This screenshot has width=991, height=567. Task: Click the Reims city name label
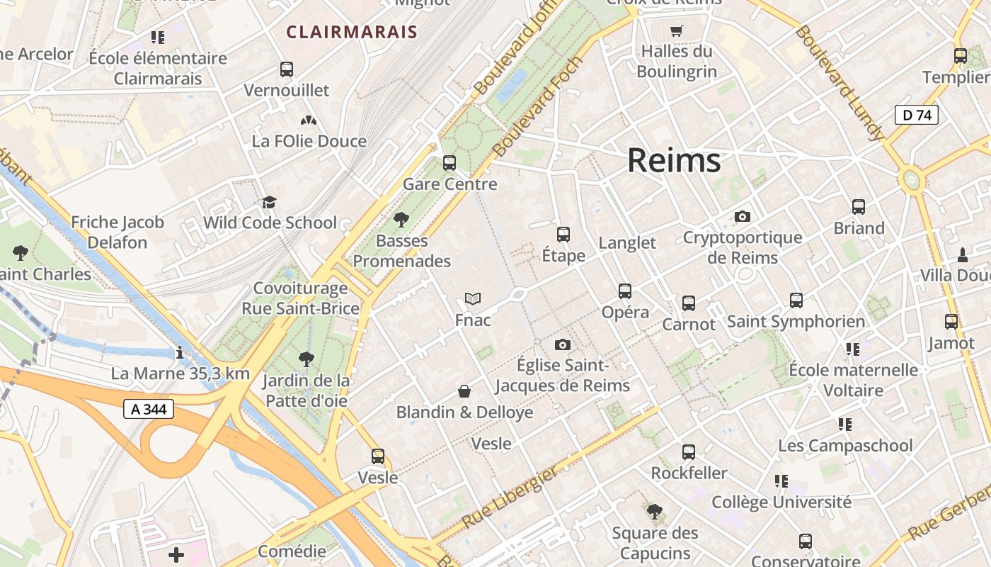(674, 161)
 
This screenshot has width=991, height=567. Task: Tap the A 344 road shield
(149, 409)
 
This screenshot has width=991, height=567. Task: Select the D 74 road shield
(917, 115)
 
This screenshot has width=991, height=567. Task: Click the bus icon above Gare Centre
(449, 163)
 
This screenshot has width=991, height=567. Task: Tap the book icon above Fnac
(473, 299)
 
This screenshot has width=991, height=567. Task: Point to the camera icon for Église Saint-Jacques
(563, 344)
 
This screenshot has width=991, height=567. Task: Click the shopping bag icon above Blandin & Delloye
(464, 391)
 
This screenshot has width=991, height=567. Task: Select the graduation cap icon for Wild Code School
(269, 203)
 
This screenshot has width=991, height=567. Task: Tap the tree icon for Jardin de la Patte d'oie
(307, 360)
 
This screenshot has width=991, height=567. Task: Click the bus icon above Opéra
(625, 291)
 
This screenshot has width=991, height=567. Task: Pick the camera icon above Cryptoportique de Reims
(742, 216)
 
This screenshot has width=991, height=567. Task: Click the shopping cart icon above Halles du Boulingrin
(677, 30)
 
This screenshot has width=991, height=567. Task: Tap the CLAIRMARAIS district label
(352, 32)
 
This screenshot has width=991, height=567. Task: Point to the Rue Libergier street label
(510, 498)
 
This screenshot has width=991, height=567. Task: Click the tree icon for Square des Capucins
(655, 512)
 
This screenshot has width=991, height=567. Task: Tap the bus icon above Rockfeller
(689, 452)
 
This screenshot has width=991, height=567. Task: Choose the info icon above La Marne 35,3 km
(181, 352)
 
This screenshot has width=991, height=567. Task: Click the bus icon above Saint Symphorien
(796, 301)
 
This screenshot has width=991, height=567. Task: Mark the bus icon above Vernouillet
(287, 69)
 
